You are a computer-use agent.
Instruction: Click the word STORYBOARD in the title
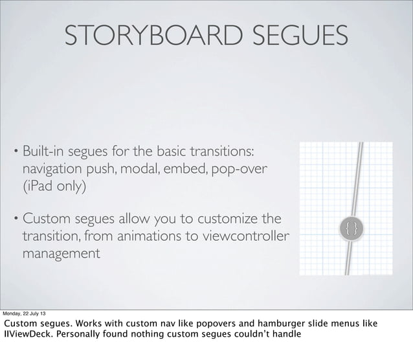tap(153, 36)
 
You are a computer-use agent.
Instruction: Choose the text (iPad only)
tap(54, 188)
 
